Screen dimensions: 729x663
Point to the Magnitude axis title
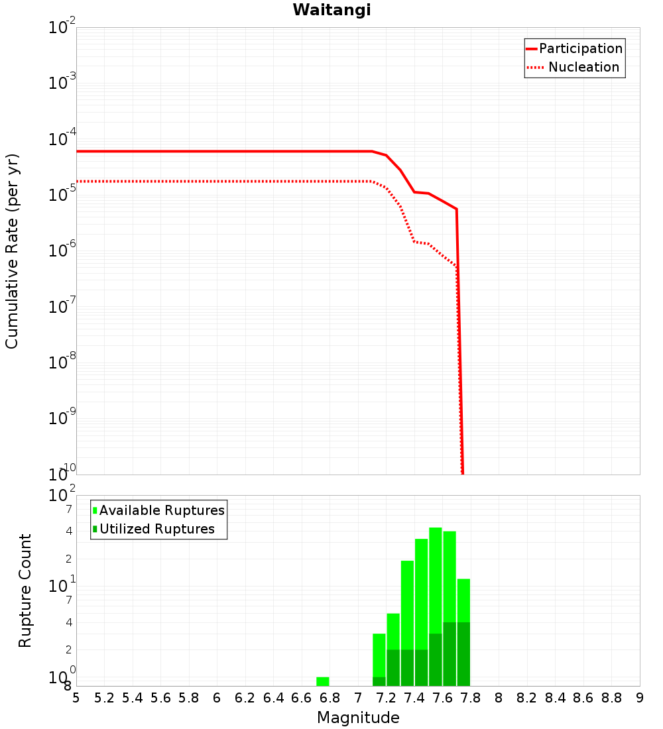tap(358, 718)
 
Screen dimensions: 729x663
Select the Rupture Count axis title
tap(25, 590)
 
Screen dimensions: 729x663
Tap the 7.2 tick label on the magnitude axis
tap(386, 698)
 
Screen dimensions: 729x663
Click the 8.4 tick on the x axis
tap(556, 698)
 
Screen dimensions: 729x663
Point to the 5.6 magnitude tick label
tap(160, 698)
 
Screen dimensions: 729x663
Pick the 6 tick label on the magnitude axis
tap(217, 698)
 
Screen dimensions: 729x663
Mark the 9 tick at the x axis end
tap(640, 698)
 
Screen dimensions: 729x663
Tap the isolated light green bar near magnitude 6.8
tap(323, 681)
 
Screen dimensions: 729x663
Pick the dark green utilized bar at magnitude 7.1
tap(379, 681)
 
